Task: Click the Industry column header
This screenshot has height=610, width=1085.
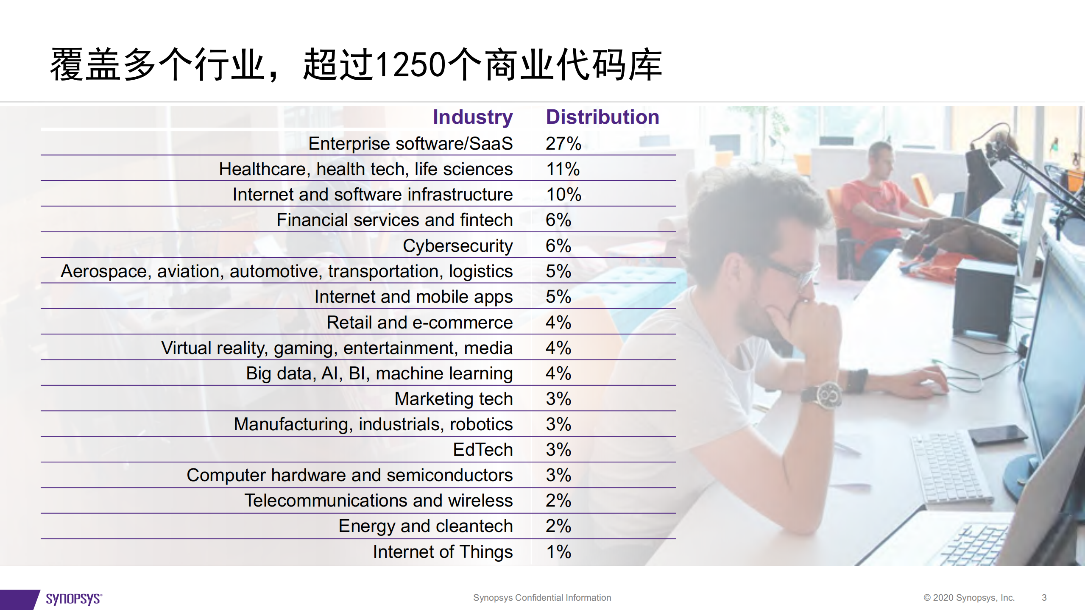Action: click(x=472, y=117)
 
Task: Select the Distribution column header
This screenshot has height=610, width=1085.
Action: click(x=602, y=117)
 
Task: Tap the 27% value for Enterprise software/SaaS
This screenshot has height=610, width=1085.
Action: click(x=563, y=144)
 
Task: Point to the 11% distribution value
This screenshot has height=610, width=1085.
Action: click(x=563, y=169)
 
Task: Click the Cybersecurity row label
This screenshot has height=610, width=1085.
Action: click(x=457, y=246)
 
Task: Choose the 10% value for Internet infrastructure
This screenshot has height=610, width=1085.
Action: click(x=563, y=195)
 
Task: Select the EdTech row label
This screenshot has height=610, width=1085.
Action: click(x=483, y=450)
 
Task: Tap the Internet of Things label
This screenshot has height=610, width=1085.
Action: click(x=443, y=552)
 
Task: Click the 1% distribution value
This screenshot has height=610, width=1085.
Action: click(x=558, y=552)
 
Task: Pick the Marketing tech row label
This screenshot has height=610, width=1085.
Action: click(x=453, y=399)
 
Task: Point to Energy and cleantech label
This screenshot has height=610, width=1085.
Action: click(x=425, y=526)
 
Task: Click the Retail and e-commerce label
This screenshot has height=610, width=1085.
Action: click(x=419, y=323)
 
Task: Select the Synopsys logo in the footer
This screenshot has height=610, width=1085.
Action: click(x=73, y=599)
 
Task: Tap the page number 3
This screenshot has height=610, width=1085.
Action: click(x=1044, y=598)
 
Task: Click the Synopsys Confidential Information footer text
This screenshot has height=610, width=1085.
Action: click(x=542, y=598)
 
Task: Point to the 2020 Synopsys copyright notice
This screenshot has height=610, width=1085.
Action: click(x=969, y=598)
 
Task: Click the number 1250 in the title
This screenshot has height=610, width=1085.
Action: click(x=410, y=65)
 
